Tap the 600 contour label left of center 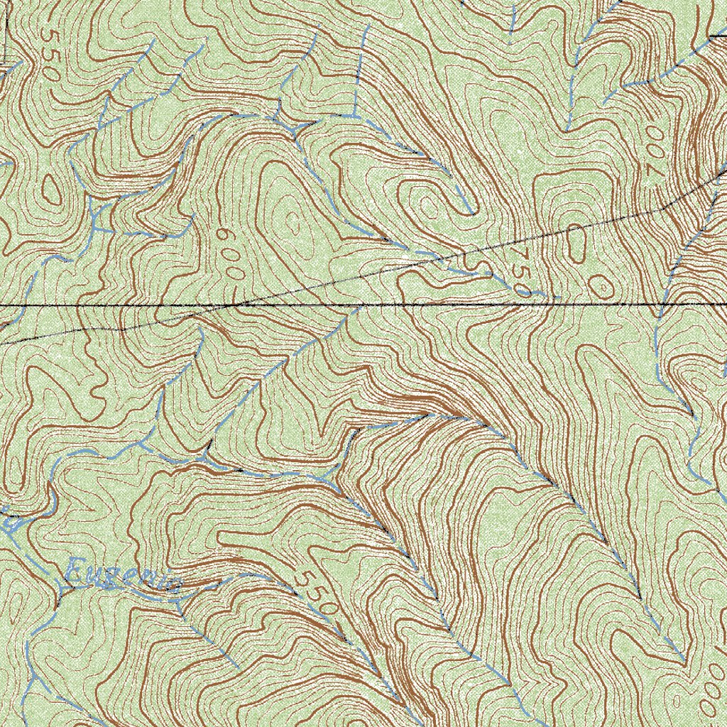tap(229, 253)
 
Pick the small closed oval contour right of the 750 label tap(602, 287)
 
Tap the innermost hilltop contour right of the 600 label tap(292, 224)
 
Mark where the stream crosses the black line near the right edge tap(660, 305)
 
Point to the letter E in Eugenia tap(75, 570)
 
